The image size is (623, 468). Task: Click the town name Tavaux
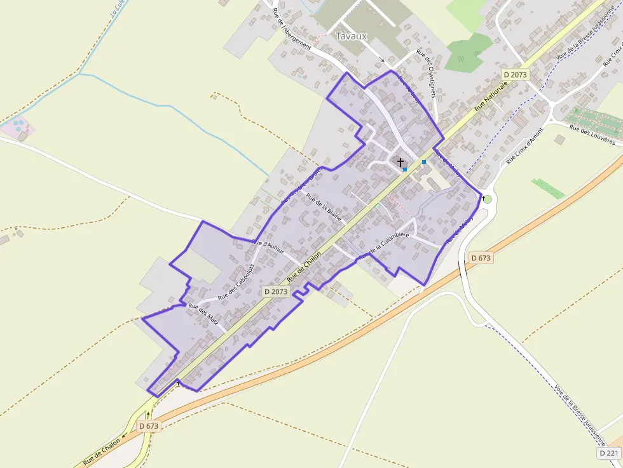(351, 36)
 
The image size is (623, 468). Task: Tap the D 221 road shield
(609, 453)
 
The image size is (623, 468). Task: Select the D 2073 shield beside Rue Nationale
(515, 74)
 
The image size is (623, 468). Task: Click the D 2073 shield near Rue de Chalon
(276, 291)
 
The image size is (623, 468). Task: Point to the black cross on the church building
(400, 163)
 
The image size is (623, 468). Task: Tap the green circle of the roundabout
(488, 199)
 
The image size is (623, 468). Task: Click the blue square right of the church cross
(424, 162)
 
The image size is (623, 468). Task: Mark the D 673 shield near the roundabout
(481, 258)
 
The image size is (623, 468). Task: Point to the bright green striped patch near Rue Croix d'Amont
(548, 189)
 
